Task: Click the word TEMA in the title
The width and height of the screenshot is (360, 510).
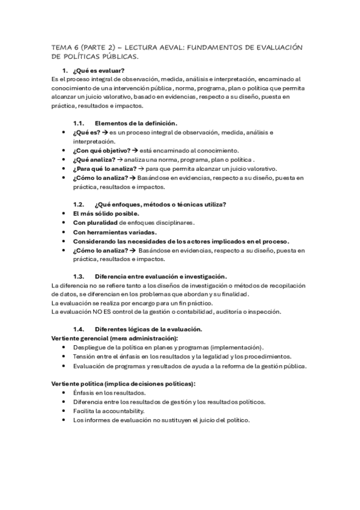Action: (x=61, y=47)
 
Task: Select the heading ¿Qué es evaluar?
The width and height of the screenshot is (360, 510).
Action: (x=102, y=70)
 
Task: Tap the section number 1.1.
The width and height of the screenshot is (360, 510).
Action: (x=79, y=123)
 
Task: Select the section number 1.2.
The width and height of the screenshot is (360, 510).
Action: (x=79, y=204)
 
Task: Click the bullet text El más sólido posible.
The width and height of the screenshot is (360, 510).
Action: (x=106, y=214)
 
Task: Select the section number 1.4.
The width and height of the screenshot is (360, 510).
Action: (x=79, y=329)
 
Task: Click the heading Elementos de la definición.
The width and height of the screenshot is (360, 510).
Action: (x=135, y=123)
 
